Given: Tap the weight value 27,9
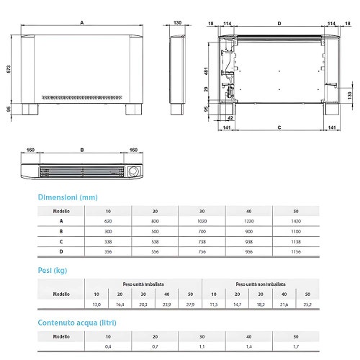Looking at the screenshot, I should [191, 305].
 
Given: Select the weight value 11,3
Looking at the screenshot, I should [212, 305].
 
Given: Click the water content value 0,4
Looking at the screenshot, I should [108, 347].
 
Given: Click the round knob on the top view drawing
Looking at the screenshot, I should [133, 171].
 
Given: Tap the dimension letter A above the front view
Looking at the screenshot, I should [83, 22].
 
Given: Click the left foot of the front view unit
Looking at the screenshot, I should [30, 110].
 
